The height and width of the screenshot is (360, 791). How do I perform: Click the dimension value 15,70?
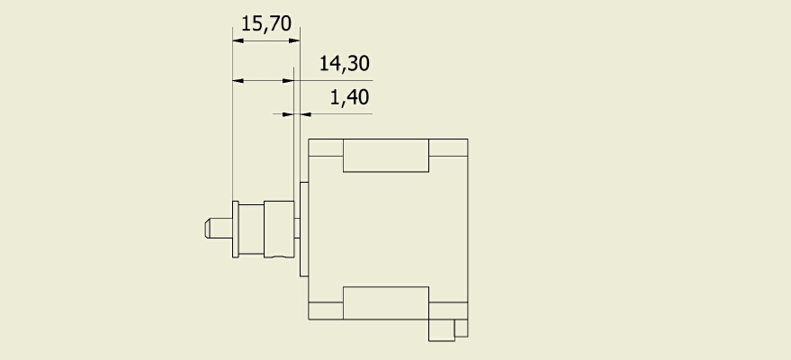266,23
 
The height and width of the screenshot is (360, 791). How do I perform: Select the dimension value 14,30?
345,64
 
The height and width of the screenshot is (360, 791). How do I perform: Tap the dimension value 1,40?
349,97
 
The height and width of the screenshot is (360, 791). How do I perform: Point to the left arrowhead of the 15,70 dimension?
238,40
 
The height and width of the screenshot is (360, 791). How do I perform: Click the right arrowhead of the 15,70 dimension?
294,40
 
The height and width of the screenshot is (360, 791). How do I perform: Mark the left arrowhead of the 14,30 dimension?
238,81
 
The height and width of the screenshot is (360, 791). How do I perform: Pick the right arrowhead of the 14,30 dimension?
289,81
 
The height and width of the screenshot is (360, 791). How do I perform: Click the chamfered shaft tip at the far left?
219,228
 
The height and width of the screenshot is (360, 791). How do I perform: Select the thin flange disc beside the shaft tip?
236,229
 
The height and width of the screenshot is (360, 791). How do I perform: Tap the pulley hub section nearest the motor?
279,229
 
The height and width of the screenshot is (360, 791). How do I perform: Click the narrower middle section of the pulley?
251,229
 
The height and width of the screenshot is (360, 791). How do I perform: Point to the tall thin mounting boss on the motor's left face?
304,229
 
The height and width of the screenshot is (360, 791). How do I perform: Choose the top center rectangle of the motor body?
386,156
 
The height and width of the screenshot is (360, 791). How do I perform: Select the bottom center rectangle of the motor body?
386,303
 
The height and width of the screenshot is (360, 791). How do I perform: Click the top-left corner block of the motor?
326,148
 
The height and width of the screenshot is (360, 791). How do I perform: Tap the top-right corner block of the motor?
448,148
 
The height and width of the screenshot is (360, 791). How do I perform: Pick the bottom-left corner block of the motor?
326,310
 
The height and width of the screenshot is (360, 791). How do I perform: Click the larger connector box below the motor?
442,330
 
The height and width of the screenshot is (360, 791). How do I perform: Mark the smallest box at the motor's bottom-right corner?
461,328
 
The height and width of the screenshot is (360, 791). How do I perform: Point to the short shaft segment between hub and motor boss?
297,228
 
